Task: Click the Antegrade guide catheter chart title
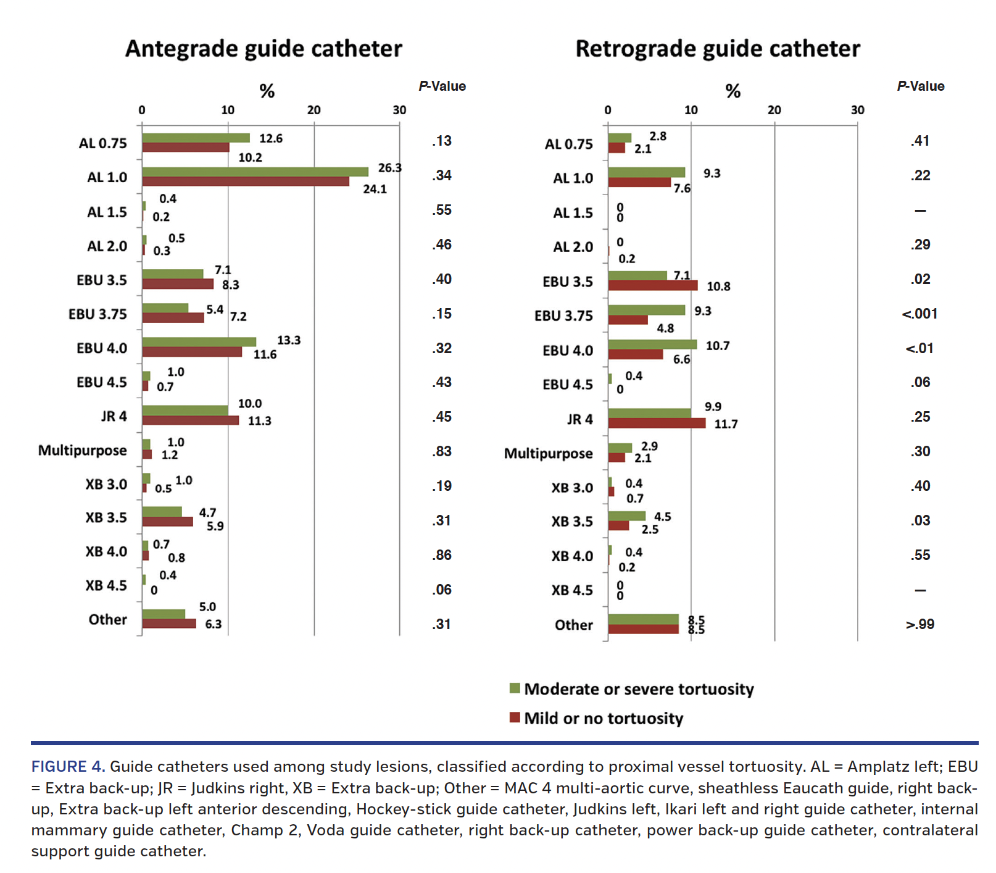[x=264, y=49]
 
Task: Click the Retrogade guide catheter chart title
[x=717, y=49]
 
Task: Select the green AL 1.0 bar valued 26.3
[x=255, y=172]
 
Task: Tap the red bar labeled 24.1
[x=246, y=182]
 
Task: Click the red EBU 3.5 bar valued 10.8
[x=653, y=285]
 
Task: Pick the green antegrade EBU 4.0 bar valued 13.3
[x=199, y=341]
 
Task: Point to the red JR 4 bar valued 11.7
[x=657, y=423]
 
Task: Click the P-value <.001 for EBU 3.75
[x=919, y=314]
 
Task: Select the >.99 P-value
[x=919, y=624]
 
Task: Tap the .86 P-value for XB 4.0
[x=442, y=555]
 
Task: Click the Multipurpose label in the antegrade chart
[x=83, y=450]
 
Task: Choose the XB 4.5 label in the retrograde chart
[x=572, y=590]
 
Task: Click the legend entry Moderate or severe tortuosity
[x=639, y=689]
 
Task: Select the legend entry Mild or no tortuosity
[x=604, y=719]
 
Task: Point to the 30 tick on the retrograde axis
[x=857, y=110]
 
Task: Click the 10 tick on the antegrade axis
[x=228, y=110]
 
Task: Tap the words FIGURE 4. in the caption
[x=68, y=767]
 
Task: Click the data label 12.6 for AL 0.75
[x=271, y=138]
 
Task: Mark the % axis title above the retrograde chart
[x=732, y=91]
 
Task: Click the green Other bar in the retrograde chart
[x=643, y=619]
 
